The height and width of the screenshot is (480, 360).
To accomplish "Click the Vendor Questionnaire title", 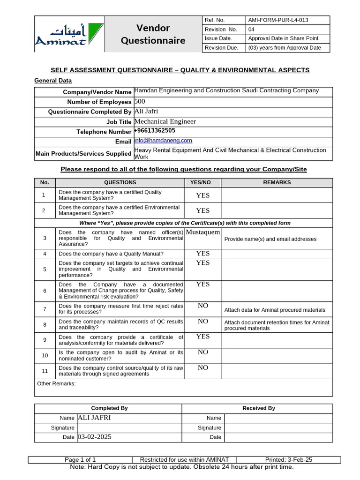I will click(x=153, y=34).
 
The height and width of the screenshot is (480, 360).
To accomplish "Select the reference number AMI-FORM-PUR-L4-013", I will click(x=278, y=20).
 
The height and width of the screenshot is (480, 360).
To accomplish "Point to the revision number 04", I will click(x=251, y=30).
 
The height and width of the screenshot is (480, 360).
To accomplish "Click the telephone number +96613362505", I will click(x=155, y=131).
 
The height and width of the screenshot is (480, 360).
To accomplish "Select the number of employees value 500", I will click(x=140, y=101).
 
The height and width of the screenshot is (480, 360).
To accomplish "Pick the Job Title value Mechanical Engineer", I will click(x=165, y=121).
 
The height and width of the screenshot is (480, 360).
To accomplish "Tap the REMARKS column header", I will click(x=277, y=182).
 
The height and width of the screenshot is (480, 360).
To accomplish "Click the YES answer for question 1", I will click(x=203, y=195).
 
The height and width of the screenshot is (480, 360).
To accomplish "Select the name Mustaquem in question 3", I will click(x=203, y=232).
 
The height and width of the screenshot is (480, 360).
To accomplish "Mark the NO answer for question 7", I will click(x=203, y=306).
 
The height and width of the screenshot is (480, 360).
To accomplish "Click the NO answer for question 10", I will click(x=203, y=352).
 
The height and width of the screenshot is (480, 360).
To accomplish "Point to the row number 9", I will click(x=45, y=340).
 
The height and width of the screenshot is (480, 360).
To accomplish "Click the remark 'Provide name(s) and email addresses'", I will click(x=270, y=239).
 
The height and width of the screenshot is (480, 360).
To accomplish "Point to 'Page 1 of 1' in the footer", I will click(x=80, y=460).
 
